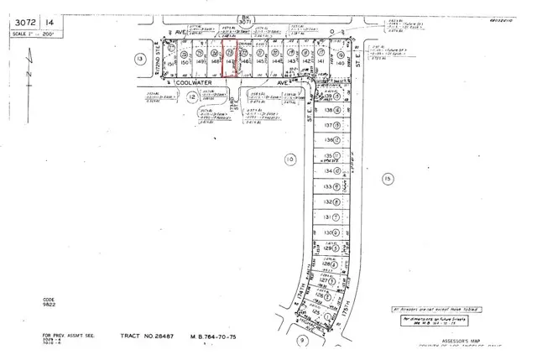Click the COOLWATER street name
196,84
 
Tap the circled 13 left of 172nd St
138,57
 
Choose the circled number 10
290,159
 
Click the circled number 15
386,178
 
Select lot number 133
326,185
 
